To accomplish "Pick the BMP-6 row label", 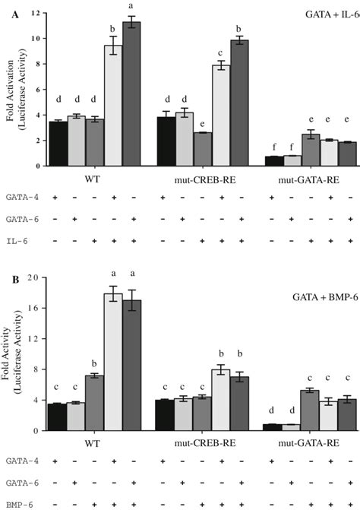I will tap(20, 502).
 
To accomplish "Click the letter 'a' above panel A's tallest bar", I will tap(132, 9).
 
